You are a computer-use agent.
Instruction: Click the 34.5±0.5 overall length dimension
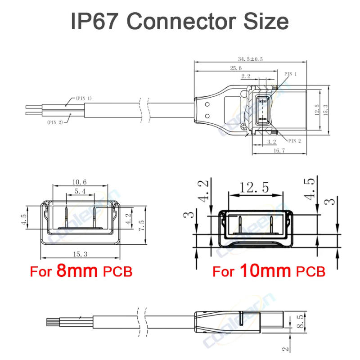(x=251, y=59)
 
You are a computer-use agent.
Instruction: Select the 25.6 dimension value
(x=234, y=68)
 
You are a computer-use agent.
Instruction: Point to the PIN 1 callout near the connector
(x=291, y=73)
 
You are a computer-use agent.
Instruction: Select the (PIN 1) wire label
(x=83, y=98)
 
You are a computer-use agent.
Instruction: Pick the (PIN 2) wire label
(x=56, y=122)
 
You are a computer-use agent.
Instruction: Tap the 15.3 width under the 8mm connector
(x=80, y=255)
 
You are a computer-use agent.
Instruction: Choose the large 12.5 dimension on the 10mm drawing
(x=255, y=186)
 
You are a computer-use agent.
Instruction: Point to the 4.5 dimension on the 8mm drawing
(x=23, y=219)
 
